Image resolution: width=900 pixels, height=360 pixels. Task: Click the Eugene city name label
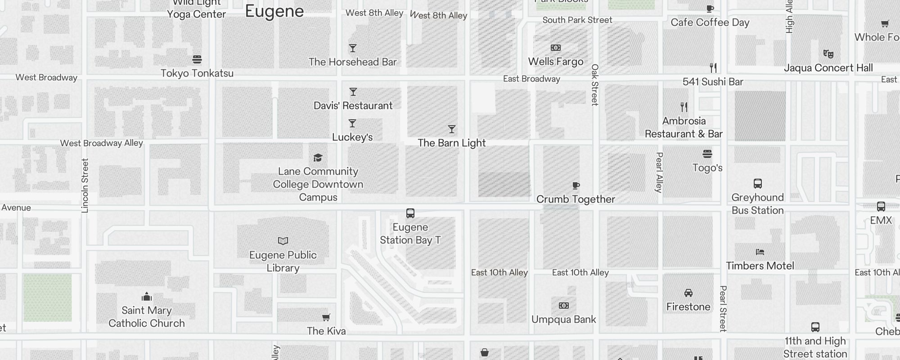(274, 12)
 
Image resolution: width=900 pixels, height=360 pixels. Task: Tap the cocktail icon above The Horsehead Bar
(353, 48)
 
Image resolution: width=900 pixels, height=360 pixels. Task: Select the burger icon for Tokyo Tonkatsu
(197, 59)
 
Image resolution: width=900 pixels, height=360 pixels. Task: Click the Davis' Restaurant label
(353, 106)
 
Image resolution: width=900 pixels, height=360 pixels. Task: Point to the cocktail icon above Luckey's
(352, 123)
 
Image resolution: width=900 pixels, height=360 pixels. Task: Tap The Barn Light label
(451, 143)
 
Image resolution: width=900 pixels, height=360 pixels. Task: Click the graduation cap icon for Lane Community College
(318, 157)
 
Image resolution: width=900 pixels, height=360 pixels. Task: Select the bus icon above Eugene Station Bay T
(410, 213)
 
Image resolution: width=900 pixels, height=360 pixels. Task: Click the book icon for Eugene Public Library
(283, 241)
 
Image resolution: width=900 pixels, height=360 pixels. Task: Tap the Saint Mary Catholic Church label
(147, 317)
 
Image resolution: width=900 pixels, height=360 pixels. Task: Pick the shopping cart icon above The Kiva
(326, 318)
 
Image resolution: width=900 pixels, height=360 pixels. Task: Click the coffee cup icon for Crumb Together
(576, 185)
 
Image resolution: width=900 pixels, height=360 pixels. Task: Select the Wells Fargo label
(555, 62)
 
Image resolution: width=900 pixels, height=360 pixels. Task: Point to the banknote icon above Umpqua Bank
(563, 306)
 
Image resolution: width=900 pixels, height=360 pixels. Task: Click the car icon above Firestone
(688, 293)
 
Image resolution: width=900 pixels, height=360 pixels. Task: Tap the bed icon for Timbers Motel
(760, 252)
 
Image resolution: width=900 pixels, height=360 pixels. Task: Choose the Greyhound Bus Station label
(757, 204)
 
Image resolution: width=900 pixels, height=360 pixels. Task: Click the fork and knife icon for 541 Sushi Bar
(713, 68)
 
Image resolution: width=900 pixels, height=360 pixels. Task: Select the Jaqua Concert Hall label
(828, 68)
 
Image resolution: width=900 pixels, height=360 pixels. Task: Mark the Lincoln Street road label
(85, 185)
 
